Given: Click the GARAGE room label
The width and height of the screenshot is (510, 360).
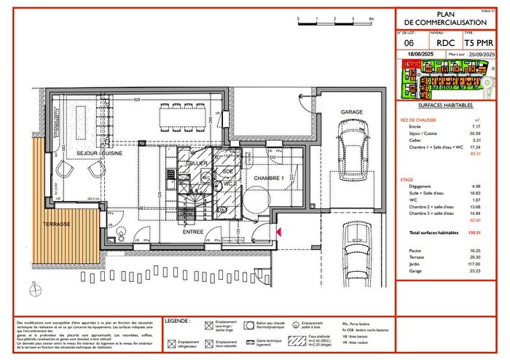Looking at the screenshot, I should [x=352, y=111].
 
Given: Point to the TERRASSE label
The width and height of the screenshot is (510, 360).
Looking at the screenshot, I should [x=56, y=224].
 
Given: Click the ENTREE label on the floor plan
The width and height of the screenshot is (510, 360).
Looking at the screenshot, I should [x=193, y=231].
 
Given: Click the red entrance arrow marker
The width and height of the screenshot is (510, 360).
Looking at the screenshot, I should [x=278, y=232].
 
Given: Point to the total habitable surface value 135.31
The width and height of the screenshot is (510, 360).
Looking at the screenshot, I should [x=478, y=232].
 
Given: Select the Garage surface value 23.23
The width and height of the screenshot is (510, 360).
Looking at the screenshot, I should [x=478, y=271].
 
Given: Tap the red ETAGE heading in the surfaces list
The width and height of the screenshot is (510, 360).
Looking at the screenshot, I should [x=407, y=179].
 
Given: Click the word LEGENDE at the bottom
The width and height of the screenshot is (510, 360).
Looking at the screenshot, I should [x=178, y=321].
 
